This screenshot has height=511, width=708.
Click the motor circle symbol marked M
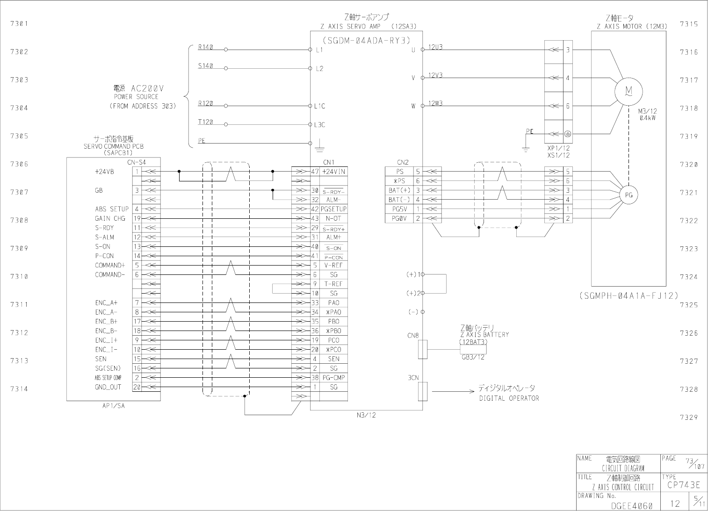point(629,92)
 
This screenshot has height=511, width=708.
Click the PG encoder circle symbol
point(629,195)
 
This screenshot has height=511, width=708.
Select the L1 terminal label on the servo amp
point(319,50)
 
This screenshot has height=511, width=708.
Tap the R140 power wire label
point(205,47)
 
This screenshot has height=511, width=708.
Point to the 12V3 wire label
point(435,75)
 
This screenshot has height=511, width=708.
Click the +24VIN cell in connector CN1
point(333,172)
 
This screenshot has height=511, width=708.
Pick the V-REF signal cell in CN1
point(333,265)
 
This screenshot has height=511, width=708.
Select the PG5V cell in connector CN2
point(399,209)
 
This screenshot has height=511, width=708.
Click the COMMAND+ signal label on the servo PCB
point(110,265)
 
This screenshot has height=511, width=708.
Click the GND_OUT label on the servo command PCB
point(108,387)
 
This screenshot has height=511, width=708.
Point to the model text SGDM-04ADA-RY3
point(366,40)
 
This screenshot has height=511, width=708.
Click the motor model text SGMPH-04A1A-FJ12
point(628,295)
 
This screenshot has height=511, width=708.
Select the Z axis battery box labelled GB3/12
point(473,349)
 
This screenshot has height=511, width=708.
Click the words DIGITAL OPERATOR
point(509,398)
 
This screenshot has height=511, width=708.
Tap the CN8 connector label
point(413,335)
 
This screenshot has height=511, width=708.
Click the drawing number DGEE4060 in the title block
point(631,505)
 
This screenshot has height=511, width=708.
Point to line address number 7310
point(19,276)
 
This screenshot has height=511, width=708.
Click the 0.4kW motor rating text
point(647,118)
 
